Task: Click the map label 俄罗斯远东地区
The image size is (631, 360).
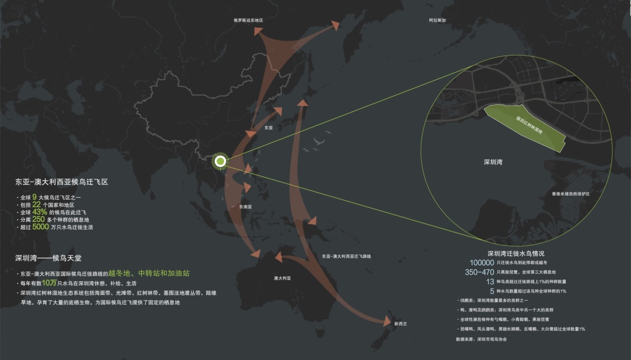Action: pyautogui.click(x=248, y=20)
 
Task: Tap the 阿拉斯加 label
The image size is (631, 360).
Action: pyautogui.click(x=437, y=20)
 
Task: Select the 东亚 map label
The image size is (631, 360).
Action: pyautogui.click(x=268, y=128)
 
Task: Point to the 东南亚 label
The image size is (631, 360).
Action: pyautogui.click(x=245, y=207)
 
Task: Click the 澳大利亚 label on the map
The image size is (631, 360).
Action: pyautogui.click(x=282, y=278)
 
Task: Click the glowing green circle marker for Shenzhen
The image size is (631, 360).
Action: pyautogui.click(x=220, y=161)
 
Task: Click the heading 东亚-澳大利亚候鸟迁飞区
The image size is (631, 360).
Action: pyautogui.click(x=61, y=182)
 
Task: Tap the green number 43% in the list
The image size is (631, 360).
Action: pyautogui.click(x=40, y=212)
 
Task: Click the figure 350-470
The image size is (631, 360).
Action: pyautogui.click(x=479, y=272)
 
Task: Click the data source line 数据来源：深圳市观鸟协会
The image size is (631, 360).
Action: pyautogui.click(x=481, y=339)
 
